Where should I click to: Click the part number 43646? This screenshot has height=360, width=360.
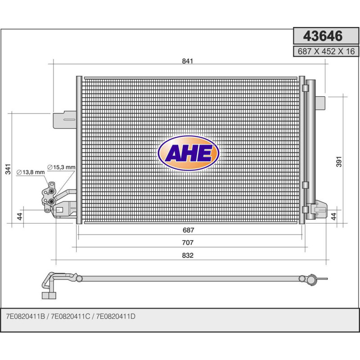(323, 36)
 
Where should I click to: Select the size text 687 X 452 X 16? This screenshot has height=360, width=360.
(326, 51)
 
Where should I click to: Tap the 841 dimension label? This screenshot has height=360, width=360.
(188, 61)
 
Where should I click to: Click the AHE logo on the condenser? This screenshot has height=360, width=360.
(189, 153)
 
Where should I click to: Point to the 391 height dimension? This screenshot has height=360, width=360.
(339, 162)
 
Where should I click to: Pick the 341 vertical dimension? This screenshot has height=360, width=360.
(8, 169)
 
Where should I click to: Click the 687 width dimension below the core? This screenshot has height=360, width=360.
(188, 230)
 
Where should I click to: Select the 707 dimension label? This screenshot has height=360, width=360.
(188, 243)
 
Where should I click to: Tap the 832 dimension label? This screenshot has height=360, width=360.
(188, 255)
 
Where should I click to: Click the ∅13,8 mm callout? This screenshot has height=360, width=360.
(31, 172)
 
